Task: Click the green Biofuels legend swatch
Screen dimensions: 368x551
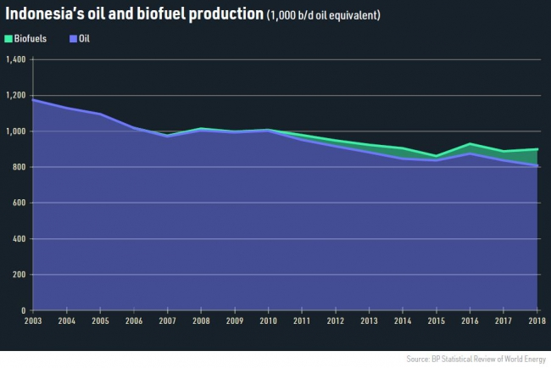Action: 8,39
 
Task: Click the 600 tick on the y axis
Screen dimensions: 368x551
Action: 19,203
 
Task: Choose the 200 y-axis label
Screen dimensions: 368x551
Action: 19,275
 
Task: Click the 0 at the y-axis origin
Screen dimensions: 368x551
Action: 24,310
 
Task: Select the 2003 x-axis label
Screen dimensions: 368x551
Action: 32,321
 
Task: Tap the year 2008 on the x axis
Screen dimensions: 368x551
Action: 201,321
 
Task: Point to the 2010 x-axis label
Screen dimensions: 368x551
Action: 268,321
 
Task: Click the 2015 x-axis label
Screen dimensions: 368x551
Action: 437,321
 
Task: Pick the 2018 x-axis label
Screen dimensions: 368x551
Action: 535,321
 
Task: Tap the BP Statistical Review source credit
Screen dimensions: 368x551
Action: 476,360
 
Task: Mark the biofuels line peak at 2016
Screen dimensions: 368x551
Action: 470,144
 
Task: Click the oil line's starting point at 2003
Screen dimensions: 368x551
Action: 32,99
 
